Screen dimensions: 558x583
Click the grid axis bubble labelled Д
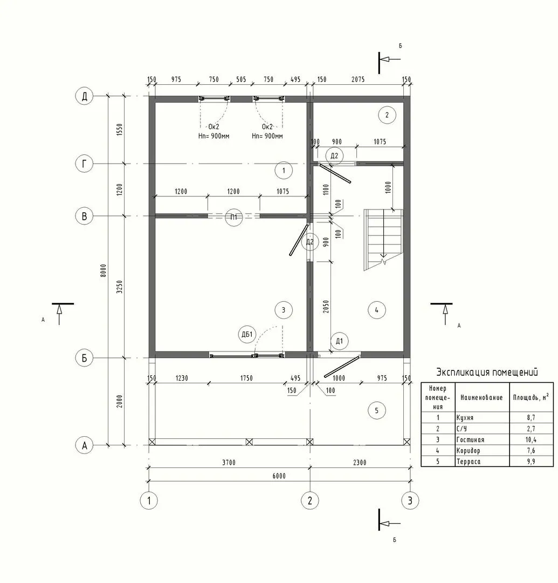click(84, 96)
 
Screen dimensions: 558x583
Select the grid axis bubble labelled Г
click(84, 164)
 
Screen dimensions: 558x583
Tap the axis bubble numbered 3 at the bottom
click(410, 500)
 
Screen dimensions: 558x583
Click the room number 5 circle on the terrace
click(376, 410)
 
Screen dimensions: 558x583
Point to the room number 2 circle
click(387, 115)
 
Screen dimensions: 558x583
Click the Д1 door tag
click(339, 341)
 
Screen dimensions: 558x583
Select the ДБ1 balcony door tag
click(247, 334)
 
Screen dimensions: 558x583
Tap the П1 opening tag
click(233, 217)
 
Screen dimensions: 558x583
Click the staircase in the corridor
click(383, 240)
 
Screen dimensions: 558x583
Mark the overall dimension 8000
click(104, 270)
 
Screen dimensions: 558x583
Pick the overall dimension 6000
click(279, 476)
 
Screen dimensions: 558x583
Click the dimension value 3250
click(119, 287)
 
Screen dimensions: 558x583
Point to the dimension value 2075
click(358, 79)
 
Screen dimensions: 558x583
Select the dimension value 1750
click(246, 378)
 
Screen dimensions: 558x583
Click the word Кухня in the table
click(465, 417)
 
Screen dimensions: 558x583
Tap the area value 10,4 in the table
click(531, 440)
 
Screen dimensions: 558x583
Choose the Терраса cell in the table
click(469, 462)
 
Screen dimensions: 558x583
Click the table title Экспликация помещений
click(487, 372)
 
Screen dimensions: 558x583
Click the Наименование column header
click(481, 397)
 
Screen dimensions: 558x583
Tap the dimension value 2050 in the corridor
click(326, 307)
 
